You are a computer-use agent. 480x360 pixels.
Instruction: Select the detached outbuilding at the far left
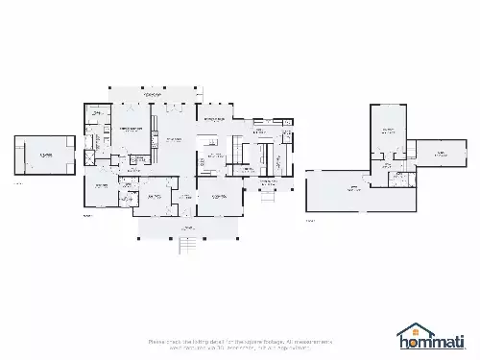[x=44, y=155]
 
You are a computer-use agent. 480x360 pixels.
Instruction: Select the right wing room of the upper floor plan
[x=439, y=153]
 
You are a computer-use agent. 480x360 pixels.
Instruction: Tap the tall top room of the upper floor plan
[x=389, y=132]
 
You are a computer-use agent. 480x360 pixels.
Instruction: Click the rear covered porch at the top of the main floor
[x=151, y=96]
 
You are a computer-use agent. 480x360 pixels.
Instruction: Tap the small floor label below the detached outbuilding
[x=18, y=182]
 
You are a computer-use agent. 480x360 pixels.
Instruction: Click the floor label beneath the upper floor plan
[x=310, y=220]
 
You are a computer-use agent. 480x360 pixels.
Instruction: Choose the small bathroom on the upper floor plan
[x=396, y=179]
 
